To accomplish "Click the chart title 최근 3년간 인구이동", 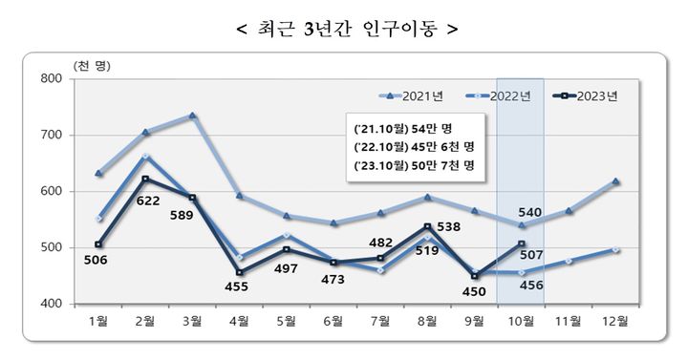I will [x=345, y=28].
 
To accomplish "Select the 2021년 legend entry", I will [x=412, y=95].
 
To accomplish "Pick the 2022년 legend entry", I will [x=497, y=95].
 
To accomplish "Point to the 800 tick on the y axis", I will [x=50, y=79].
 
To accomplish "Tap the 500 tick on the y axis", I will [x=50, y=248].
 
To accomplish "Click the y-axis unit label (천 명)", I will [x=91, y=64].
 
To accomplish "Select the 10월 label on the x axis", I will [x=521, y=322].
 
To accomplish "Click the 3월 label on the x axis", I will [x=192, y=322].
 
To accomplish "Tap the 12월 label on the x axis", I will [x=615, y=322].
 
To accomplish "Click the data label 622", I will [x=147, y=201].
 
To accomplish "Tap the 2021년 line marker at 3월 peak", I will [x=192, y=116].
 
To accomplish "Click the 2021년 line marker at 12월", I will [x=615, y=180].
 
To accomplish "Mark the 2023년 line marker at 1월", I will [x=98, y=244].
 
